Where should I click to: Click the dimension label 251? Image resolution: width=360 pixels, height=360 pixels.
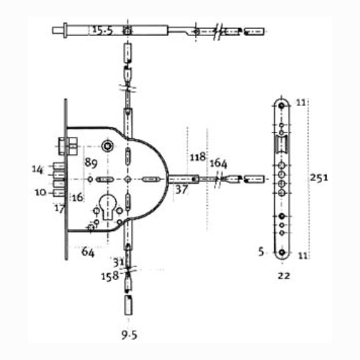tap(319, 178)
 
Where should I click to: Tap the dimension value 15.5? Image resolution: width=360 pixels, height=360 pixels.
tap(102, 30)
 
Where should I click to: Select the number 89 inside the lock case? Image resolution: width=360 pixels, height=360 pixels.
tap(91, 163)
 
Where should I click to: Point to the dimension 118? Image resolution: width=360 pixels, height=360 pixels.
tap(198, 157)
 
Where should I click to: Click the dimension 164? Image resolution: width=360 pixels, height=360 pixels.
tap(218, 163)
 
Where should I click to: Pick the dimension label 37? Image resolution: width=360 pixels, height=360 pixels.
tap(181, 189)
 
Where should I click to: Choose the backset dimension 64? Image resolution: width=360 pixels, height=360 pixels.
tap(88, 252)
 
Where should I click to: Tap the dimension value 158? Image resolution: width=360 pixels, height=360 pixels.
tap(110, 276)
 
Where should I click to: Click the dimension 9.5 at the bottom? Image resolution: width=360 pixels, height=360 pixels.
tap(130, 335)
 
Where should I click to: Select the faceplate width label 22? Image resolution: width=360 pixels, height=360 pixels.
tap(284, 276)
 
